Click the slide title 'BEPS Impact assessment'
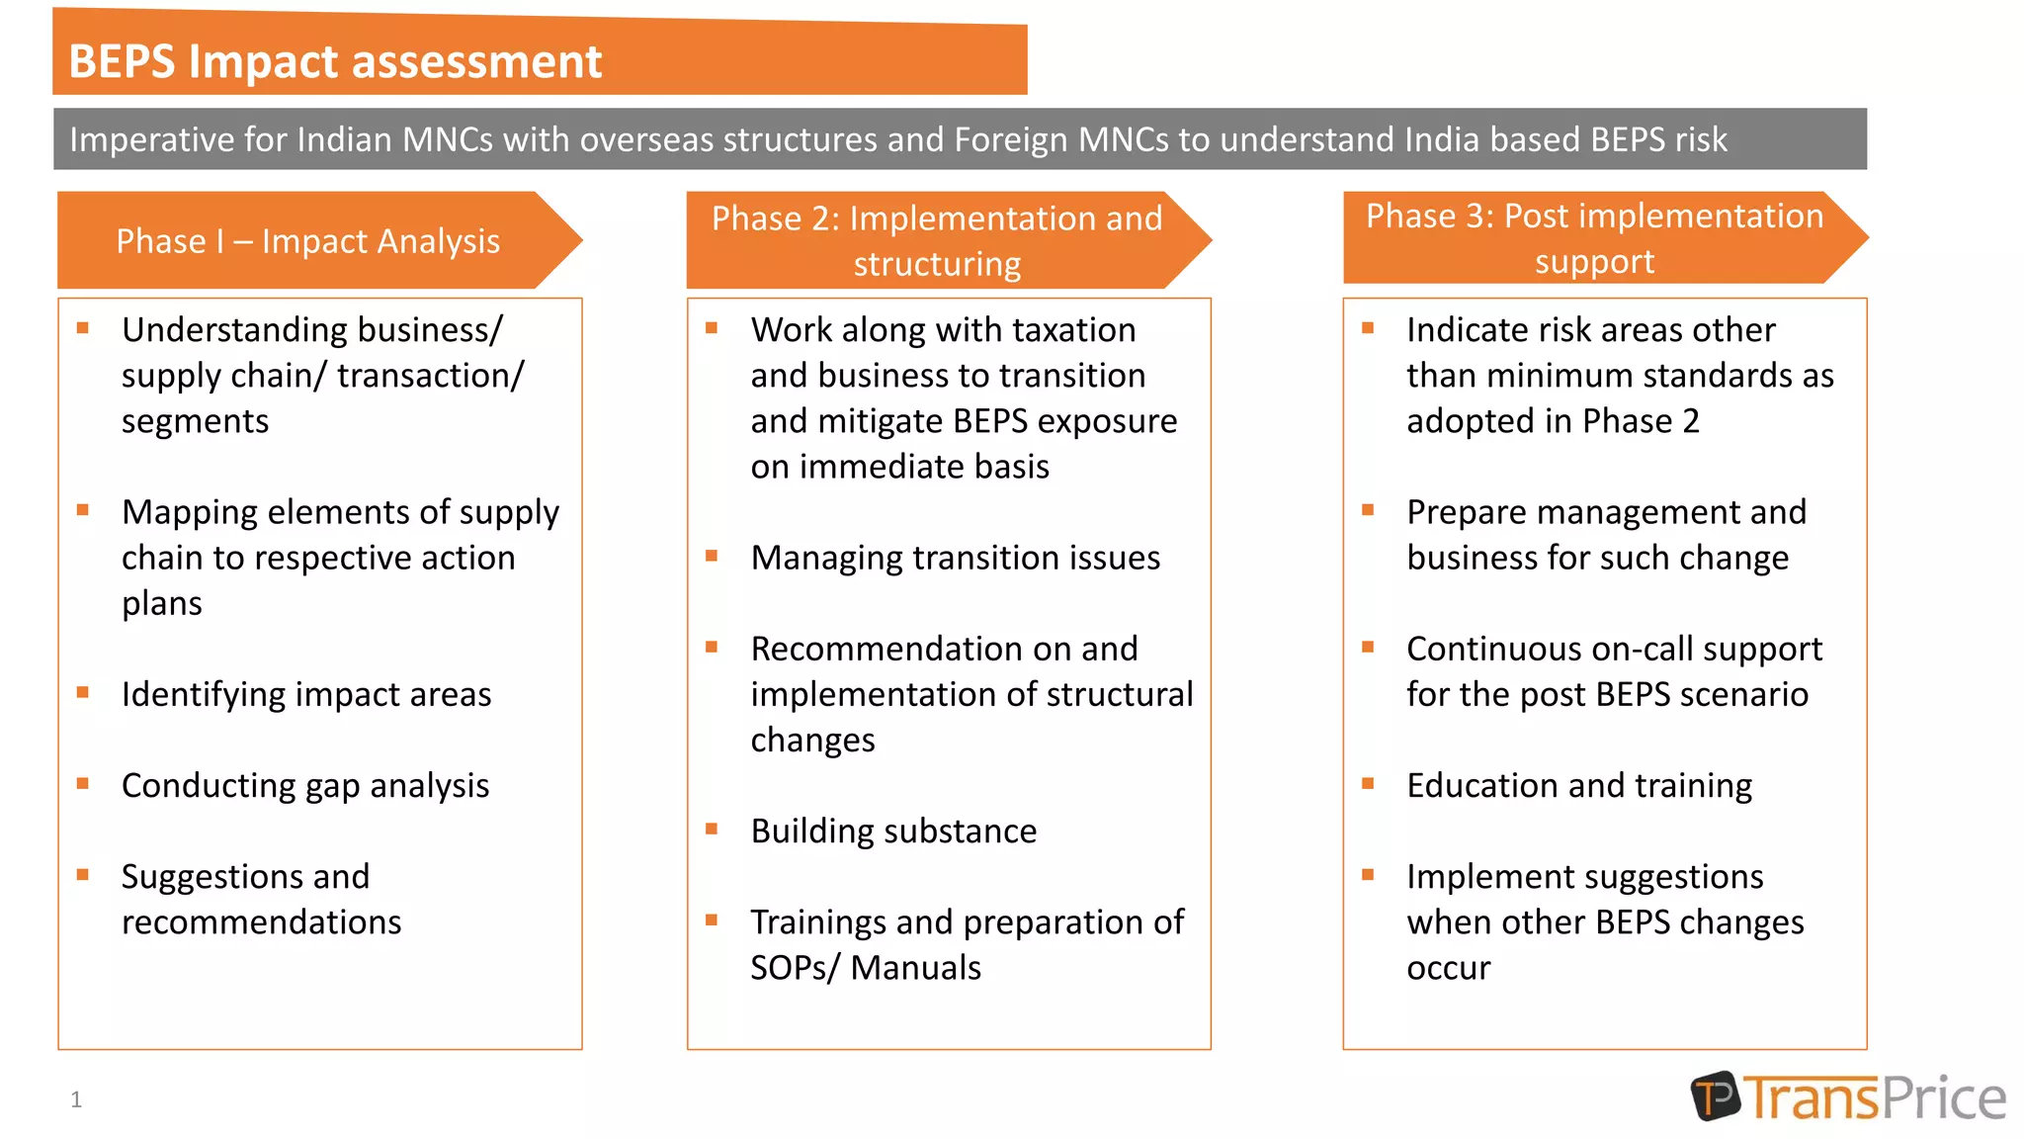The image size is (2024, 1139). pyautogui.click(x=335, y=61)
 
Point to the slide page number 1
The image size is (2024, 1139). pyautogui.click(x=76, y=1098)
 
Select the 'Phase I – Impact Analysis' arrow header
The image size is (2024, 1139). pyautogui.click(x=308, y=241)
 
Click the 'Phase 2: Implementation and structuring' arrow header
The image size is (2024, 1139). pyautogui.click(x=937, y=240)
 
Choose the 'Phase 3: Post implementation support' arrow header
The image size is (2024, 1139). pyautogui.click(x=1594, y=238)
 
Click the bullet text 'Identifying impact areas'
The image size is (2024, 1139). pyautogui.click(x=306, y=694)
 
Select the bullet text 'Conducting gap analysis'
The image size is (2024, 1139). pyautogui.click(x=305, y=785)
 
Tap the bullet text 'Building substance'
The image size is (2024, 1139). pyautogui.click(x=893, y=831)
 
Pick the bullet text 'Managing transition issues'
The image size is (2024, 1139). pyautogui.click(x=955, y=558)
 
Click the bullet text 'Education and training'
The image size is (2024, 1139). pyautogui.click(x=1578, y=785)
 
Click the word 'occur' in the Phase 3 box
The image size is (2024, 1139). pyautogui.click(x=1448, y=967)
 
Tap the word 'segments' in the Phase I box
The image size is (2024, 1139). pyautogui.click(x=195, y=421)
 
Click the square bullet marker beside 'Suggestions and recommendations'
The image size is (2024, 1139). pyautogui.click(x=83, y=875)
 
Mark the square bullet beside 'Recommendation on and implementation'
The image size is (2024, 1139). pyautogui.click(x=712, y=648)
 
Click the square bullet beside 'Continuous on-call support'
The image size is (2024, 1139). pyautogui.click(x=1368, y=648)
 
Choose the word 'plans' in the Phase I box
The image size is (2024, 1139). pyautogui.click(x=162, y=603)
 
